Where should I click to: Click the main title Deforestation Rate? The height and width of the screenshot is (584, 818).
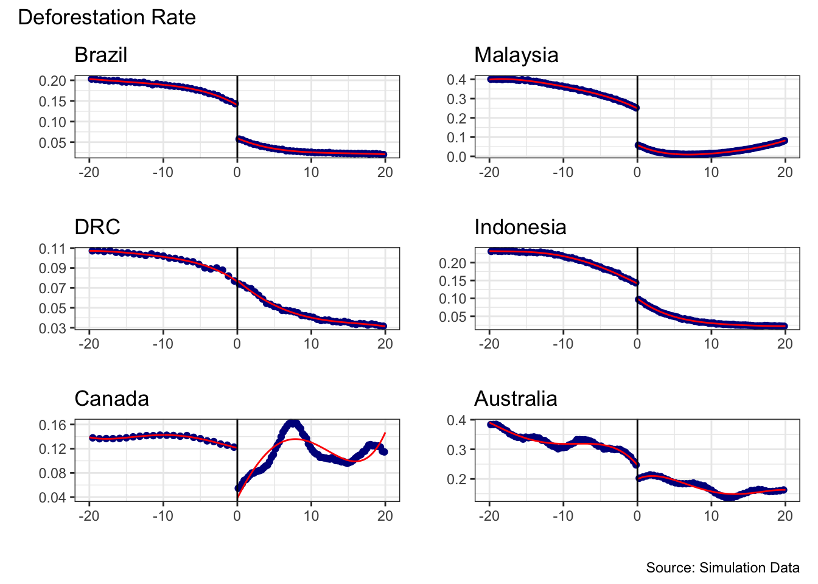tap(107, 18)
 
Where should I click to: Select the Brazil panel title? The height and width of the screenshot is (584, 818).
tap(100, 55)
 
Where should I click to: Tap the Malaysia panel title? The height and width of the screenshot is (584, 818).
tap(516, 55)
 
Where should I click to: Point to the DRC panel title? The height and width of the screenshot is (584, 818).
tap(97, 228)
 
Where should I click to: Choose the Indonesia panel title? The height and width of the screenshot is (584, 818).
tap(520, 228)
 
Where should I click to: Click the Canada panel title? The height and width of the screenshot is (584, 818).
tap(111, 399)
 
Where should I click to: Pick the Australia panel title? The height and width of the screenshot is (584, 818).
tap(516, 399)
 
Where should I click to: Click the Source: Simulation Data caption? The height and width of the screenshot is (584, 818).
tap(722, 568)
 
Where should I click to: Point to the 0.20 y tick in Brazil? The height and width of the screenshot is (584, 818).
tap(52, 81)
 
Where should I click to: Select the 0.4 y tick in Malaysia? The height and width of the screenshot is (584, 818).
tap(456, 80)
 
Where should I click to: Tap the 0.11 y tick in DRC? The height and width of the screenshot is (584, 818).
tap(52, 249)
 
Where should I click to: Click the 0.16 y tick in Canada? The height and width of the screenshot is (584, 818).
tap(52, 425)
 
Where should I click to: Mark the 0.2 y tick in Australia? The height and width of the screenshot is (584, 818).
tap(456, 479)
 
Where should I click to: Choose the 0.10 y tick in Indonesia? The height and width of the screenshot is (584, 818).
tap(452, 299)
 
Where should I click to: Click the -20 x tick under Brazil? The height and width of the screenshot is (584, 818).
tap(89, 172)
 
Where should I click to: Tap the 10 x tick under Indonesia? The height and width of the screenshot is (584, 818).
tap(711, 344)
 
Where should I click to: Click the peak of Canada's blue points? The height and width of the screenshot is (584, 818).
tap(293, 423)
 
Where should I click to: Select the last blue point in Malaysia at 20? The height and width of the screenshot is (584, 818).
tap(785, 141)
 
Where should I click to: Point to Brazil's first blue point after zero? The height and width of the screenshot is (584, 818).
tap(239, 139)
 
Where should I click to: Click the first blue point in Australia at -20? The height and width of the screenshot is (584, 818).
tap(491, 425)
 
